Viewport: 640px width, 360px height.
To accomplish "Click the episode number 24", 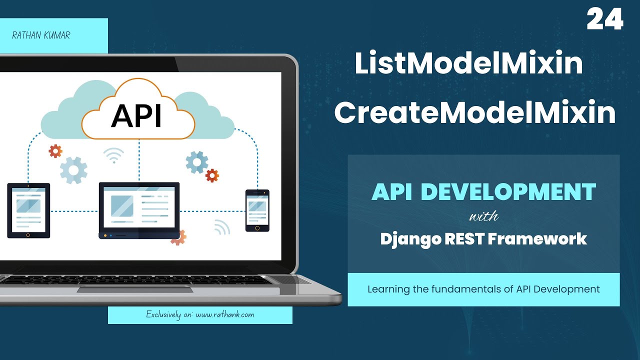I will (x=605, y=20).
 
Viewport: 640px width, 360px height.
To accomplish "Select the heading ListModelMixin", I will (x=468, y=64).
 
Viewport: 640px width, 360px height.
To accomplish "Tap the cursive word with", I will (x=483, y=217).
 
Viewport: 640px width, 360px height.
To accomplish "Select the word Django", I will (x=409, y=239).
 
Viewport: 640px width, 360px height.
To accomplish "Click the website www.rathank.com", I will (x=224, y=315).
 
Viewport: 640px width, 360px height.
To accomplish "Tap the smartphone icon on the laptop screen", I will (x=257, y=210).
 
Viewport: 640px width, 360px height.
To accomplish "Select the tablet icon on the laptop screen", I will (x=28, y=210).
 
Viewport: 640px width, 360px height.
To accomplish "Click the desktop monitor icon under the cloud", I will (x=139, y=210).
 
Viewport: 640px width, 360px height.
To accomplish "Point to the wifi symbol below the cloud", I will (x=114, y=155).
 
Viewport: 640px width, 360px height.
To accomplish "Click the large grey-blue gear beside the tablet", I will (x=73, y=170).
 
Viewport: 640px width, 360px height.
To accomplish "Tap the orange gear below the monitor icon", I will (x=178, y=237).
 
